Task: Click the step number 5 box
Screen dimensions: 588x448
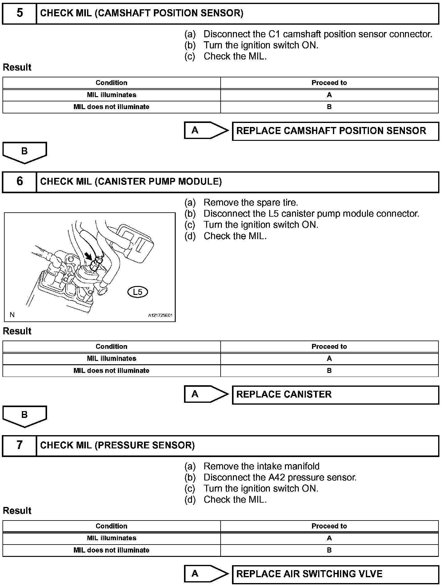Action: pyautogui.click(x=19, y=13)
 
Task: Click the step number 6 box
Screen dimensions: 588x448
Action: pyautogui.click(x=19, y=182)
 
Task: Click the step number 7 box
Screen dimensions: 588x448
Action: pyautogui.click(x=19, y=445)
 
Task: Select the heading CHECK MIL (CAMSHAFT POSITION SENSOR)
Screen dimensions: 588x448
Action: pyautogui.click(x=142, y=13)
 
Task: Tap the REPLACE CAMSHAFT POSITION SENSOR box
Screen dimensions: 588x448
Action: pyautogui.click(x=335, y=131)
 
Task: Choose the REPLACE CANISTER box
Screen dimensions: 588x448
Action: pyautogui.click(x=335, y=395)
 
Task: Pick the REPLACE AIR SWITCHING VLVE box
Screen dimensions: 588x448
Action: pyautogui.click(x=335, y=574)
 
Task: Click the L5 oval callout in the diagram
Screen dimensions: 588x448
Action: pyautogui.click(x=138, y=292)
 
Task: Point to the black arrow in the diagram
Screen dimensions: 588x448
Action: pyautogui.click(x=89, y=255)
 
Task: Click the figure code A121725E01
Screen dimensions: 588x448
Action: pyautogui.click(x=160, y=315)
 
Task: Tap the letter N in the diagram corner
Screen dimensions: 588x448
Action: pyautogui.click(x=12, y=315)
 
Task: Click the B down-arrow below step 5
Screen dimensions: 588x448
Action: pyautogui.click(x=25, y=152)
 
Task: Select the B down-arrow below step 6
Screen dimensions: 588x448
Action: pyautogui.click(x=25, y=416)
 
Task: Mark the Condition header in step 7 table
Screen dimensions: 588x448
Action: pyautogui.click(x=111, y=526)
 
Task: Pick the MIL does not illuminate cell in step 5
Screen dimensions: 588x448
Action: pyautogui.click(x=111, y=107)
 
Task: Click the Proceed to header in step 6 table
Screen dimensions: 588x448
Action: pyautogui.click(x=329, y=346)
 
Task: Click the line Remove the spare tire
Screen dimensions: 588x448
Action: pyautogui.click(x=250, y=202)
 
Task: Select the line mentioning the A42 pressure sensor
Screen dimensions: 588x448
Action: pyautogui.click(x=280, y=477)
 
